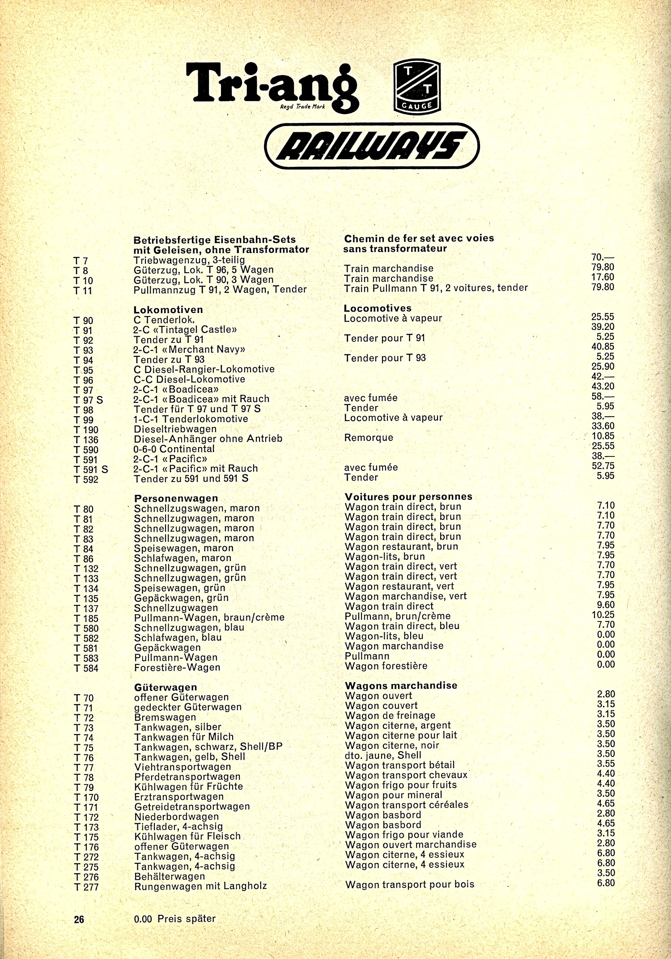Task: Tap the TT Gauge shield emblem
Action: pyautogui.click(x=417, y=87)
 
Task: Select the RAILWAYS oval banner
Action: pyautogui.click(x=372, y=146)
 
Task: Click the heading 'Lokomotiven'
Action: pyautogui.click(x=168, y=309)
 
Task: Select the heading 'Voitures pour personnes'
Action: pyautogui.click(x=408, y=497)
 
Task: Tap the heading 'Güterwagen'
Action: pyautogui.click(x=166, y=687)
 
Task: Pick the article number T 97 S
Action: pyautogui.click(x=88, y=400)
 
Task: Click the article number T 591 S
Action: pyautogui.click(x=91, y=469)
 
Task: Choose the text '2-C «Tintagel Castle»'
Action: pyautogui.click(x=185, y=330)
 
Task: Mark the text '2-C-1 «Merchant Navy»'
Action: pyautogui.click(x=189, y=350)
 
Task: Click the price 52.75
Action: pyautogui.click(x=603, y=465)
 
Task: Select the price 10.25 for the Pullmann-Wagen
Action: pyautogui.click(x=603, y=615)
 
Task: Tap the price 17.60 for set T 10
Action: pyautogui.click(x=603, y=277)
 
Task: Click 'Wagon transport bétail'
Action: pyautogui.click(x=400, y=765)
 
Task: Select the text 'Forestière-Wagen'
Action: pyautogui.click(x=177, y=667)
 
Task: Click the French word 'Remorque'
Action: pyautogui.click(x=369, y=438)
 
